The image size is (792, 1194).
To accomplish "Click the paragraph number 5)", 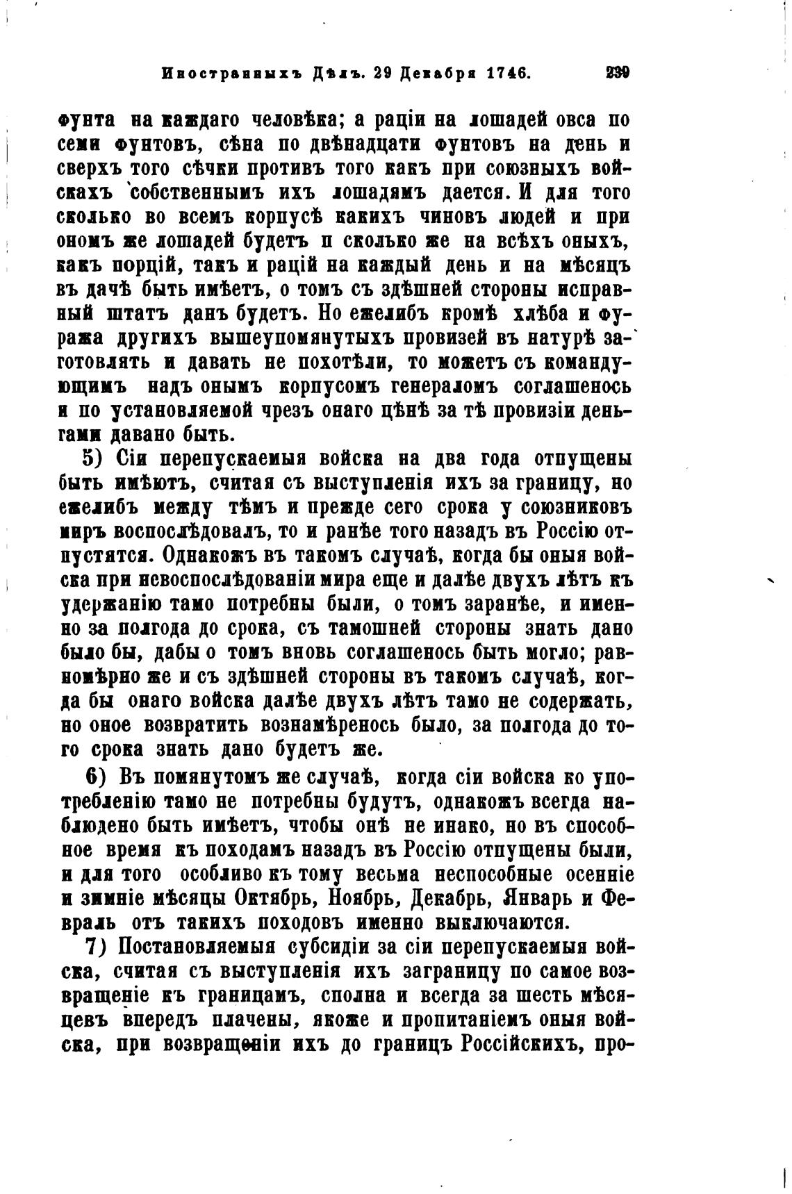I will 93,459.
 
